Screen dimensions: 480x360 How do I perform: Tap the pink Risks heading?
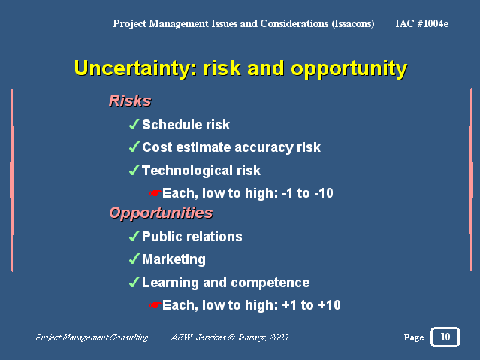point(130,101)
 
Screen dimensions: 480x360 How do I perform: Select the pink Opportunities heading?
point(161,213)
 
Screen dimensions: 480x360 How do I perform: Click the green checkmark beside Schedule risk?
point(134,124)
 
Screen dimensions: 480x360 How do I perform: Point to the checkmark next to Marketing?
point(134,259)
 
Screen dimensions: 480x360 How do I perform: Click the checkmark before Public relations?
point(134,236)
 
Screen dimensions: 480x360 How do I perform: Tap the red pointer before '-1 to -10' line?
point(155,193)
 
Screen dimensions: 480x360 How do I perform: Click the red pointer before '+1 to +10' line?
point(155,305)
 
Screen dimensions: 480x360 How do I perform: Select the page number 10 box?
point(445,337)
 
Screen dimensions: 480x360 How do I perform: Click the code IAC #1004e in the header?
point(422,23)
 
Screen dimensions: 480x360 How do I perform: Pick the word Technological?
point(187,171)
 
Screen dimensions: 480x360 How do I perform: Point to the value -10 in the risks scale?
point(324,193)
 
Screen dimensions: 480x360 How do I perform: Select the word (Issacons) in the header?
point(353,23)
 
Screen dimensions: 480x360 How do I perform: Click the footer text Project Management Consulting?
point(92,337)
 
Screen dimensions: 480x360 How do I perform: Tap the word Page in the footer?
point(414,337)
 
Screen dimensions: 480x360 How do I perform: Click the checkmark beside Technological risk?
point(134,170)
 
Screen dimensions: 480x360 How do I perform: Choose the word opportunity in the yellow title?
point(349,69)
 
